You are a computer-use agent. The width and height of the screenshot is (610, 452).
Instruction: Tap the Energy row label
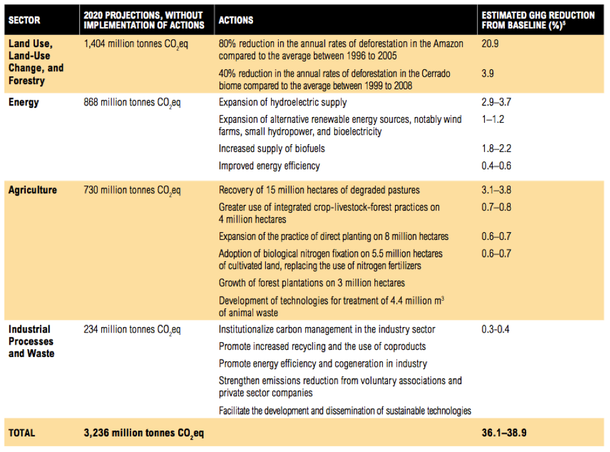(x=24, y=102)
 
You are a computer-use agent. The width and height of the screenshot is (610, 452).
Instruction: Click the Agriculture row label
(x=32, y=190)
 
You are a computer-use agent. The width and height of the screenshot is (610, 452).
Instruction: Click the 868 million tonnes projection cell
(x=132, y=102)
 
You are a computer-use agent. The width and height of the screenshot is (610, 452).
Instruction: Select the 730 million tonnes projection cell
(x=132, y=190)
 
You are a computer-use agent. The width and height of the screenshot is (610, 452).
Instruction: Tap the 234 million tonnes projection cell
(x=132, y=330)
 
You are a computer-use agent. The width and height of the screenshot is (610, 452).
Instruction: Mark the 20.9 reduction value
(x=491, y=44)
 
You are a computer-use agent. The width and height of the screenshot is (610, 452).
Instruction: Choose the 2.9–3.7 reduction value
(x=497, y=102)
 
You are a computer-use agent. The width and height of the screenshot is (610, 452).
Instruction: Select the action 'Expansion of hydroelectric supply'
(x=283, y=102)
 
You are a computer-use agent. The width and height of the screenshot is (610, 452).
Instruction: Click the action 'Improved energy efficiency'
(x=269, y=166)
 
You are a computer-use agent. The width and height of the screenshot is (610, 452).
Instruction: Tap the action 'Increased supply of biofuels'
(x=272, y=149)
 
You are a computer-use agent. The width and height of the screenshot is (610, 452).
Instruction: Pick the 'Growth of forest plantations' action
(x=312, y=283)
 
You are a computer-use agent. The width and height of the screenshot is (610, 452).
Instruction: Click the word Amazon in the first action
(x=447, y=44)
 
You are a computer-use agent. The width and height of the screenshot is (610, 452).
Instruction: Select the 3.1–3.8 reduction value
(x=497, y=190)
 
